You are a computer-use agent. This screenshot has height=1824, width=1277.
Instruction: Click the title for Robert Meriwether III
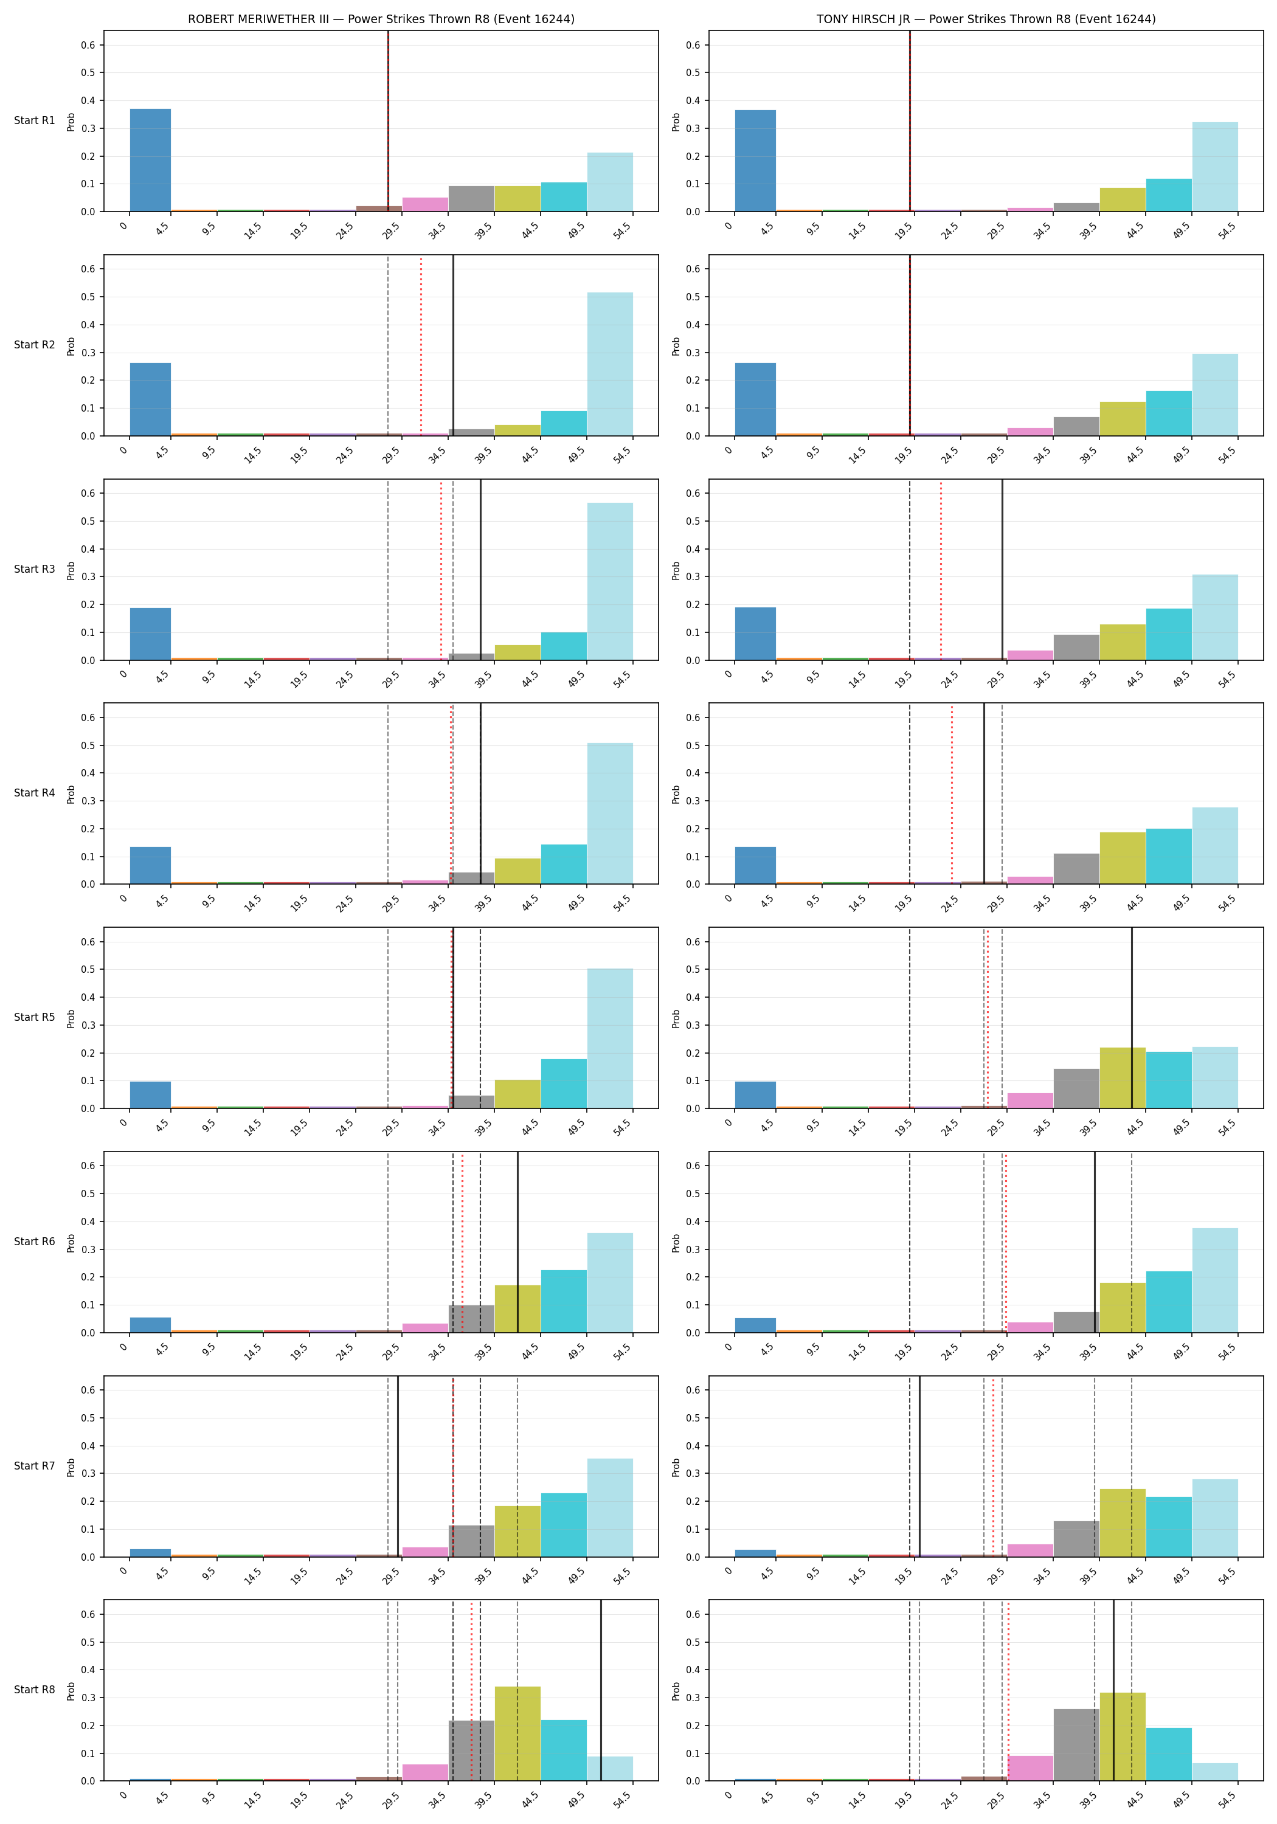click(381, 19)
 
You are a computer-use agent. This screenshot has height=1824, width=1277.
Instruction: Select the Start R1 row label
click(34, 121)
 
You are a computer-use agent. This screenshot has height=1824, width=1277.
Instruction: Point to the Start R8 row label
click(34, 1689)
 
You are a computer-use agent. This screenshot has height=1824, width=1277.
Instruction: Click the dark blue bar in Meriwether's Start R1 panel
click(150, 160)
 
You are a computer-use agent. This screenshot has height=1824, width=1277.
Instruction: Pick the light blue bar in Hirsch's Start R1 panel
click(1215, 167)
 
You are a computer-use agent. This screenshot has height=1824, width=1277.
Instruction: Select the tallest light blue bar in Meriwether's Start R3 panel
click(611, 581)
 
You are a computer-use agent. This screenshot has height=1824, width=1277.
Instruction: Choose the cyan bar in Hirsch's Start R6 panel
click(1169, 1301)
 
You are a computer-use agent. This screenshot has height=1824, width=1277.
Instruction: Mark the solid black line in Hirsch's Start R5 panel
click(1132, 1018)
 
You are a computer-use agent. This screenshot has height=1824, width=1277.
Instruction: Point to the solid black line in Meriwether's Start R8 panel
click(601, 1690)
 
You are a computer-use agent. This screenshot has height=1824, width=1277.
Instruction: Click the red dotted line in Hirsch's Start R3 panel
click(941, 570)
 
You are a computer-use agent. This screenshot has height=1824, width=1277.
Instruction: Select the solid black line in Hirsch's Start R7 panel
click(919, 1466)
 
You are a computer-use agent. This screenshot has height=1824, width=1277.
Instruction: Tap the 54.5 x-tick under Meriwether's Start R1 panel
click(622, 230)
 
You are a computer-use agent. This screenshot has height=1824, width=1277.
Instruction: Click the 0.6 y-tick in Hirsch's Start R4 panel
click(693, 717)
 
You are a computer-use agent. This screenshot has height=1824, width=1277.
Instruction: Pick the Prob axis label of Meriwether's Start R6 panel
click(71, 1243)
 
